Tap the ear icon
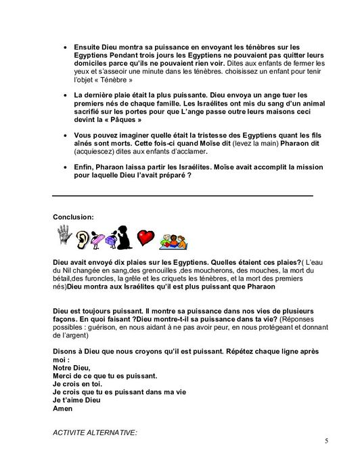83,238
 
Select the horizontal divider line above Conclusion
182,196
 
